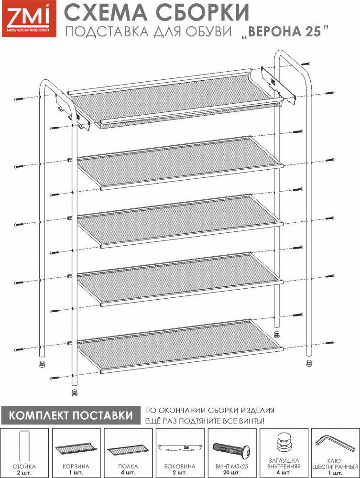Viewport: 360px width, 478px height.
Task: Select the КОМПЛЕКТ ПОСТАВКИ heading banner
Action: (71, 415)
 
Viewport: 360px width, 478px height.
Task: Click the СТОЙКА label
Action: (24, 467)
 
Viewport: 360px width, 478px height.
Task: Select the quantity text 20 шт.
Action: (232, 473)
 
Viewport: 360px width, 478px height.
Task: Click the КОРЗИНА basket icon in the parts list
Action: (76, 449)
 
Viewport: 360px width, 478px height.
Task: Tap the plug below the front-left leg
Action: (74, 392)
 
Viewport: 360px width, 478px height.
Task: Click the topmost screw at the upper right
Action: (306, 64)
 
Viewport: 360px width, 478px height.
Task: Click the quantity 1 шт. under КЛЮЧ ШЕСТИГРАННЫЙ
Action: (335, 473)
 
